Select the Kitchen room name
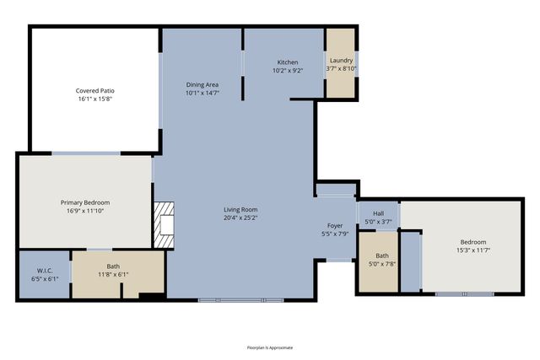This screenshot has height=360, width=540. click(288, 62)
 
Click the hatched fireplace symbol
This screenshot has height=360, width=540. click(165, 225)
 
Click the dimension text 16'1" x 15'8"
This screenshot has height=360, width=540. click(94, 99)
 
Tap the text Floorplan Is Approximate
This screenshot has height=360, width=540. click(270, 347)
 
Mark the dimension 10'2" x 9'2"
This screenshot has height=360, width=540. click(288, 71)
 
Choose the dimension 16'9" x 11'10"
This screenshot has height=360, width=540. click(85, 211)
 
